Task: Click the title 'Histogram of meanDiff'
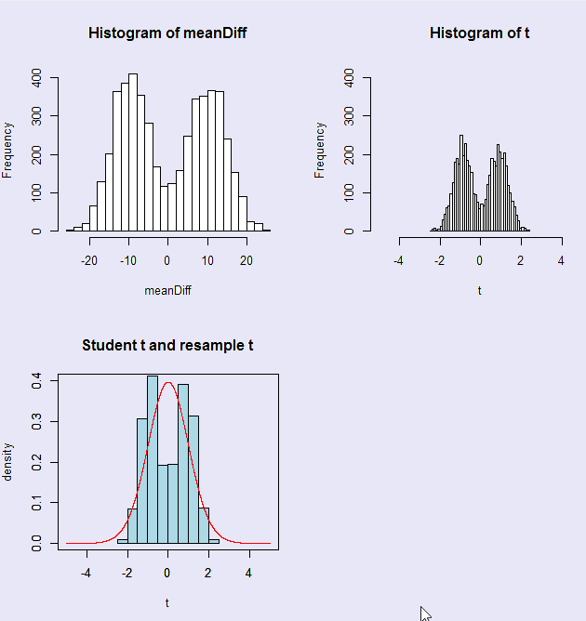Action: [167, 33]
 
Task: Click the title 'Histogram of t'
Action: [480, 33]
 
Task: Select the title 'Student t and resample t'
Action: [167, 345]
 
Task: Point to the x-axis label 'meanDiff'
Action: [167, 291]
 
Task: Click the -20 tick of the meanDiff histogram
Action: [89, 261]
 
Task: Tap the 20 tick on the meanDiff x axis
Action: [246, 261]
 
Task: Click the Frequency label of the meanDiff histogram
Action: [8, 150]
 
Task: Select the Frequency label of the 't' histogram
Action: [321, 150]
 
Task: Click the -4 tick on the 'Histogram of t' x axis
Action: [400, 261]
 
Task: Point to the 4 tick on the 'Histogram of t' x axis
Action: [561, 261]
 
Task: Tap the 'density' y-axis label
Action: [8, 461]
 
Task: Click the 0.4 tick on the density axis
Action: [35, 380]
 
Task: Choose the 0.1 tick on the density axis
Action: [35, 502]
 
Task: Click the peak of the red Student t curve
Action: [167, 382]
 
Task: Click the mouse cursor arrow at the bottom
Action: [423, 612]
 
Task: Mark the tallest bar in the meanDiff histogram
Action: [133, 152]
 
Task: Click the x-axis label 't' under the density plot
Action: [167, 602]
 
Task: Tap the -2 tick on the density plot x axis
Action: [127, 574]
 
